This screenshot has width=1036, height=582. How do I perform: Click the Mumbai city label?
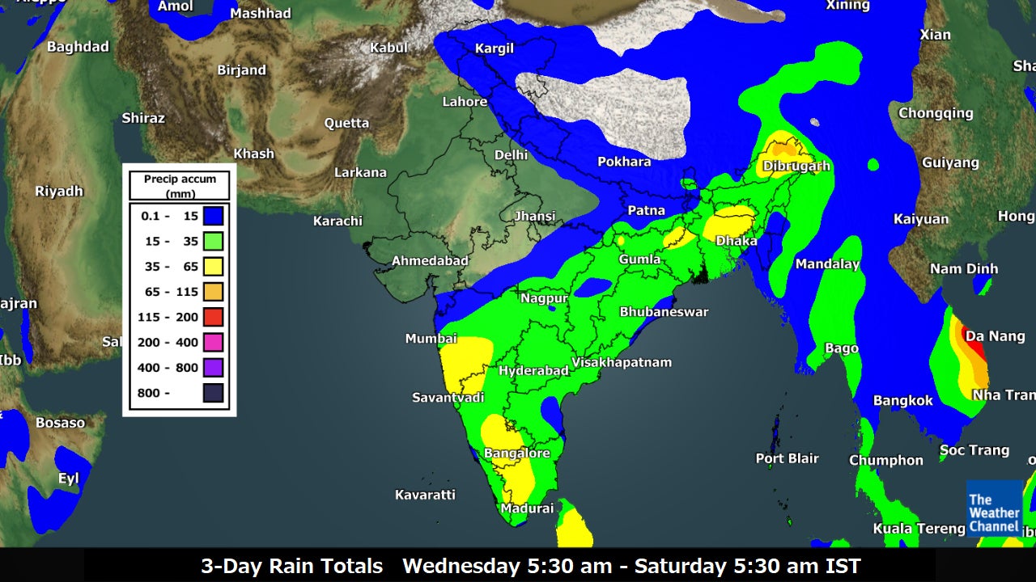[431, 339]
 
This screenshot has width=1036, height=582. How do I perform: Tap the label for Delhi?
[511, 154]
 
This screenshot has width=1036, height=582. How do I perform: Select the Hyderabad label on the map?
[533, 370]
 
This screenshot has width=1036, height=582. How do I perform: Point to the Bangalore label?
[516, 453]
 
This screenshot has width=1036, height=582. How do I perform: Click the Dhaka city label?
[737, 241]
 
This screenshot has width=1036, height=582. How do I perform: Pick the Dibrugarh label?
[796, 167]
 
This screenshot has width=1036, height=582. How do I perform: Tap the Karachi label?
[338, 221]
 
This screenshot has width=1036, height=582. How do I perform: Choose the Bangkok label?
[902, 400]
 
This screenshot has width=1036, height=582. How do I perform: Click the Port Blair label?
[787, 458]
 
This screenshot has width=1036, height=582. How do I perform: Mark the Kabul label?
[388, 48]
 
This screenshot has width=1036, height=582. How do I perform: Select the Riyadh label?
[59, 192]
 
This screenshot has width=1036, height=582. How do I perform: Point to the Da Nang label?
[995, 336]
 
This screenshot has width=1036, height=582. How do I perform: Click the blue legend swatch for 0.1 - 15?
[213, 216]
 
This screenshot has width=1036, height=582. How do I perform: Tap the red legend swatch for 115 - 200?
[213, 317]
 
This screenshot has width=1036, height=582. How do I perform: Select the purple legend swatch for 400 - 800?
[213, 368]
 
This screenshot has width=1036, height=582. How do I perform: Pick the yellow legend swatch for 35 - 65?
[213, 266]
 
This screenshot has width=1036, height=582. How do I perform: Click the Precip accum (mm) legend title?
[180, 185]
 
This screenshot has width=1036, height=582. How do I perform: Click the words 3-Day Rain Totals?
[291, 566]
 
